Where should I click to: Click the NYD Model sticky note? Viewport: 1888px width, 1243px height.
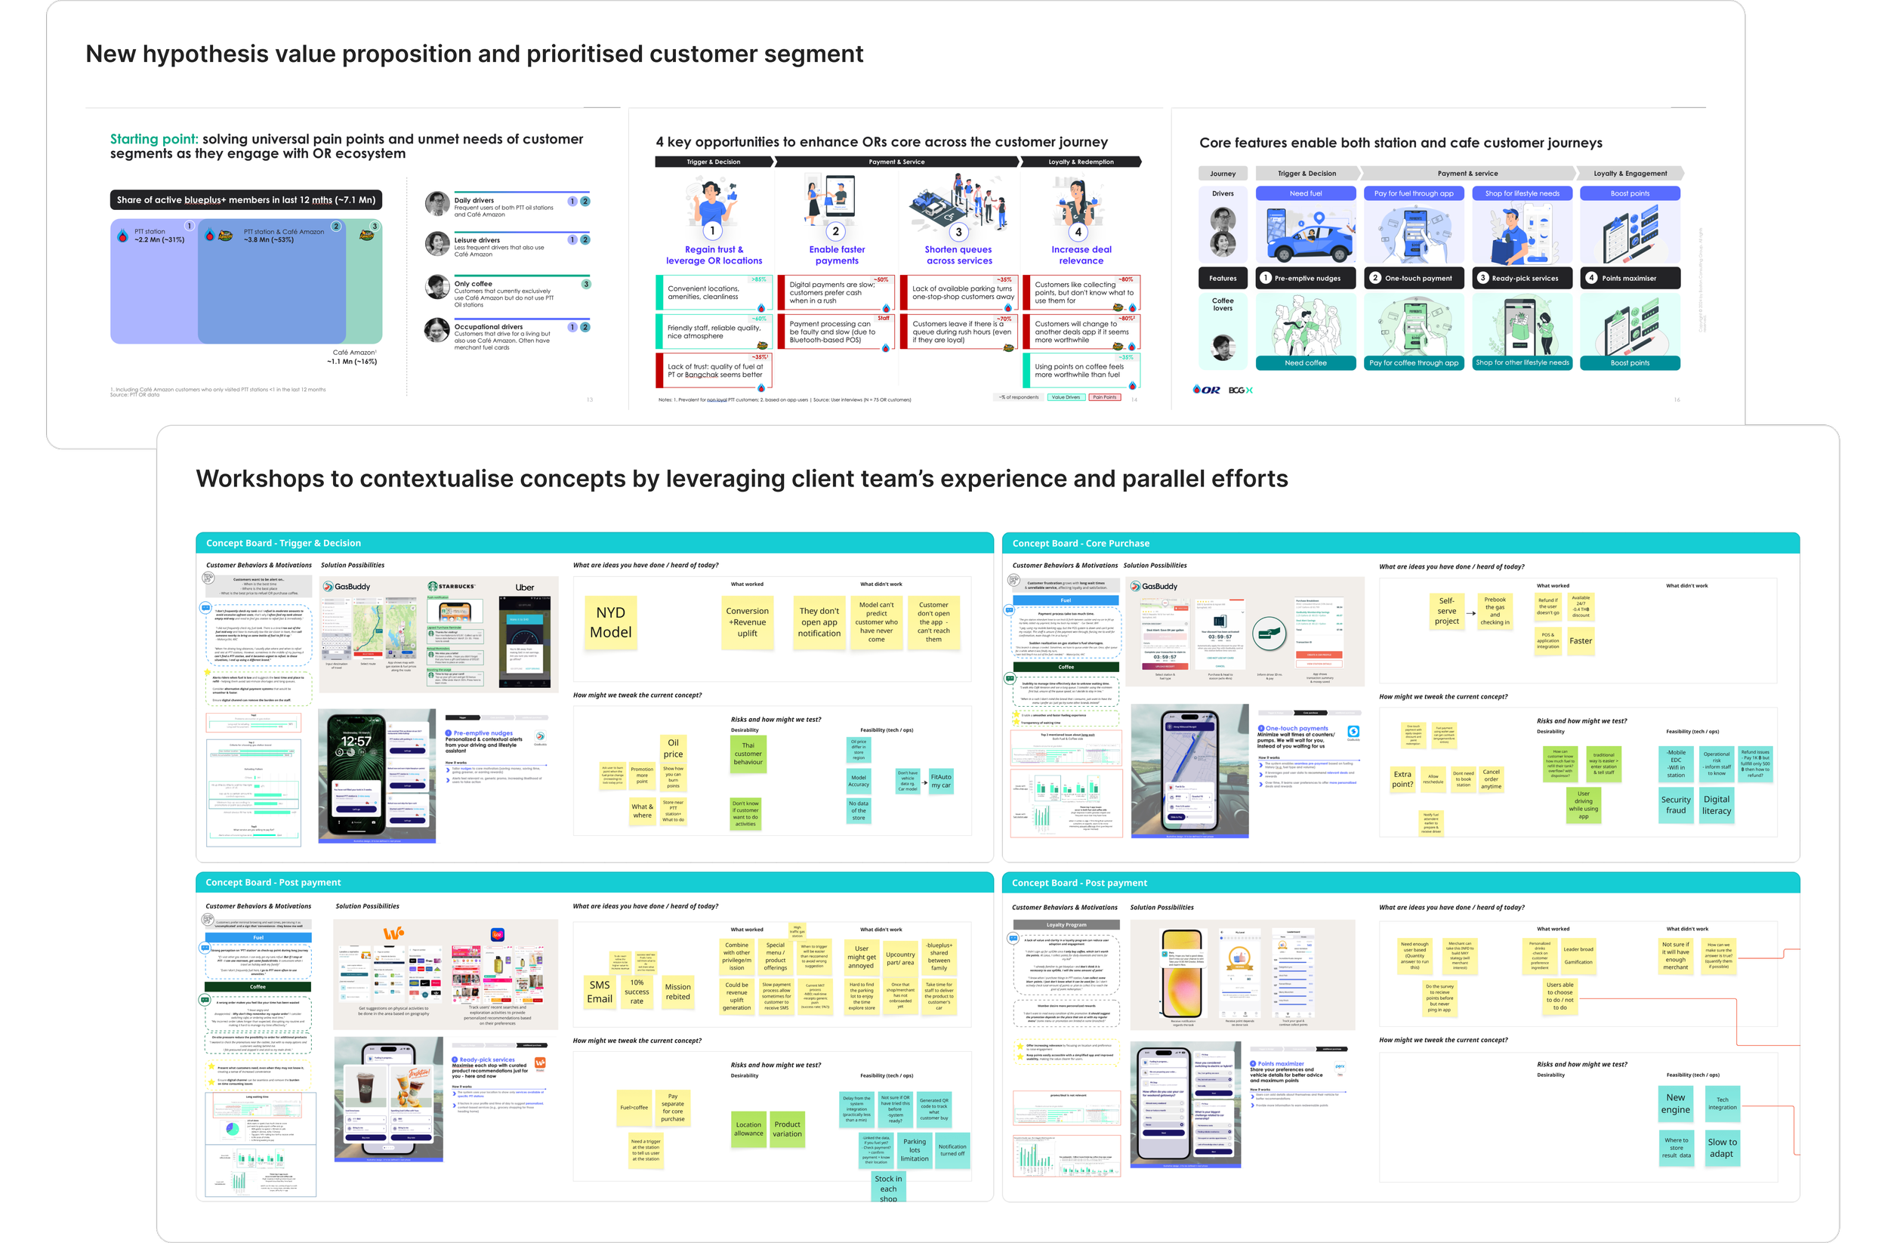click(x=611, y=623)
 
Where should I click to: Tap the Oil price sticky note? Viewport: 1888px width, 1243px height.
click(x=673, y=749)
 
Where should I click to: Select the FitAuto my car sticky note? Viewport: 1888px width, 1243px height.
click(x=941, y=782)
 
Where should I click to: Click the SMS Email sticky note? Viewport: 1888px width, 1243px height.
click(x=600, y=992)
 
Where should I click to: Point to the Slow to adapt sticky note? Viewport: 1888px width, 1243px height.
click(x=1721, y=1148)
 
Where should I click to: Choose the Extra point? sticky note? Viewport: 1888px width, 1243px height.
click(x=1402, y=779)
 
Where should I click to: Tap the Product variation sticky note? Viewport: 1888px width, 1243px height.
click(x=787, y=1129)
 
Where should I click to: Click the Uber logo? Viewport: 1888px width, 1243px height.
click(x=524, y=588)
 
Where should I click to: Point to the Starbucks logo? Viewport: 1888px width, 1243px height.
click(x=452, y=587)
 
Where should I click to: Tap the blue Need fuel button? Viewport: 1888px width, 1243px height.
click(x=1305, y=193)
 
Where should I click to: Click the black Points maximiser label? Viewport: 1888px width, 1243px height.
click(x=1630, y=279)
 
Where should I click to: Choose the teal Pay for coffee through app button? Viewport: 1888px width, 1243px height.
click(x=1414, y=363)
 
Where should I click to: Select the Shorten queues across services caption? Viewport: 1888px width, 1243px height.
click(x=958, y=255)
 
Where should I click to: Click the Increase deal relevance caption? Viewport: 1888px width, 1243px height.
click(x=1081, y=255)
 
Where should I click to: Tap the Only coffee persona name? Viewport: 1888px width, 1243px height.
click(x=473, y=284)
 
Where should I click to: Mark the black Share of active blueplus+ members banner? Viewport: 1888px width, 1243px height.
click(x=246, y=200)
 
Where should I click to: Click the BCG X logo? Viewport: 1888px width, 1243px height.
click(x=1240, y=390)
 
